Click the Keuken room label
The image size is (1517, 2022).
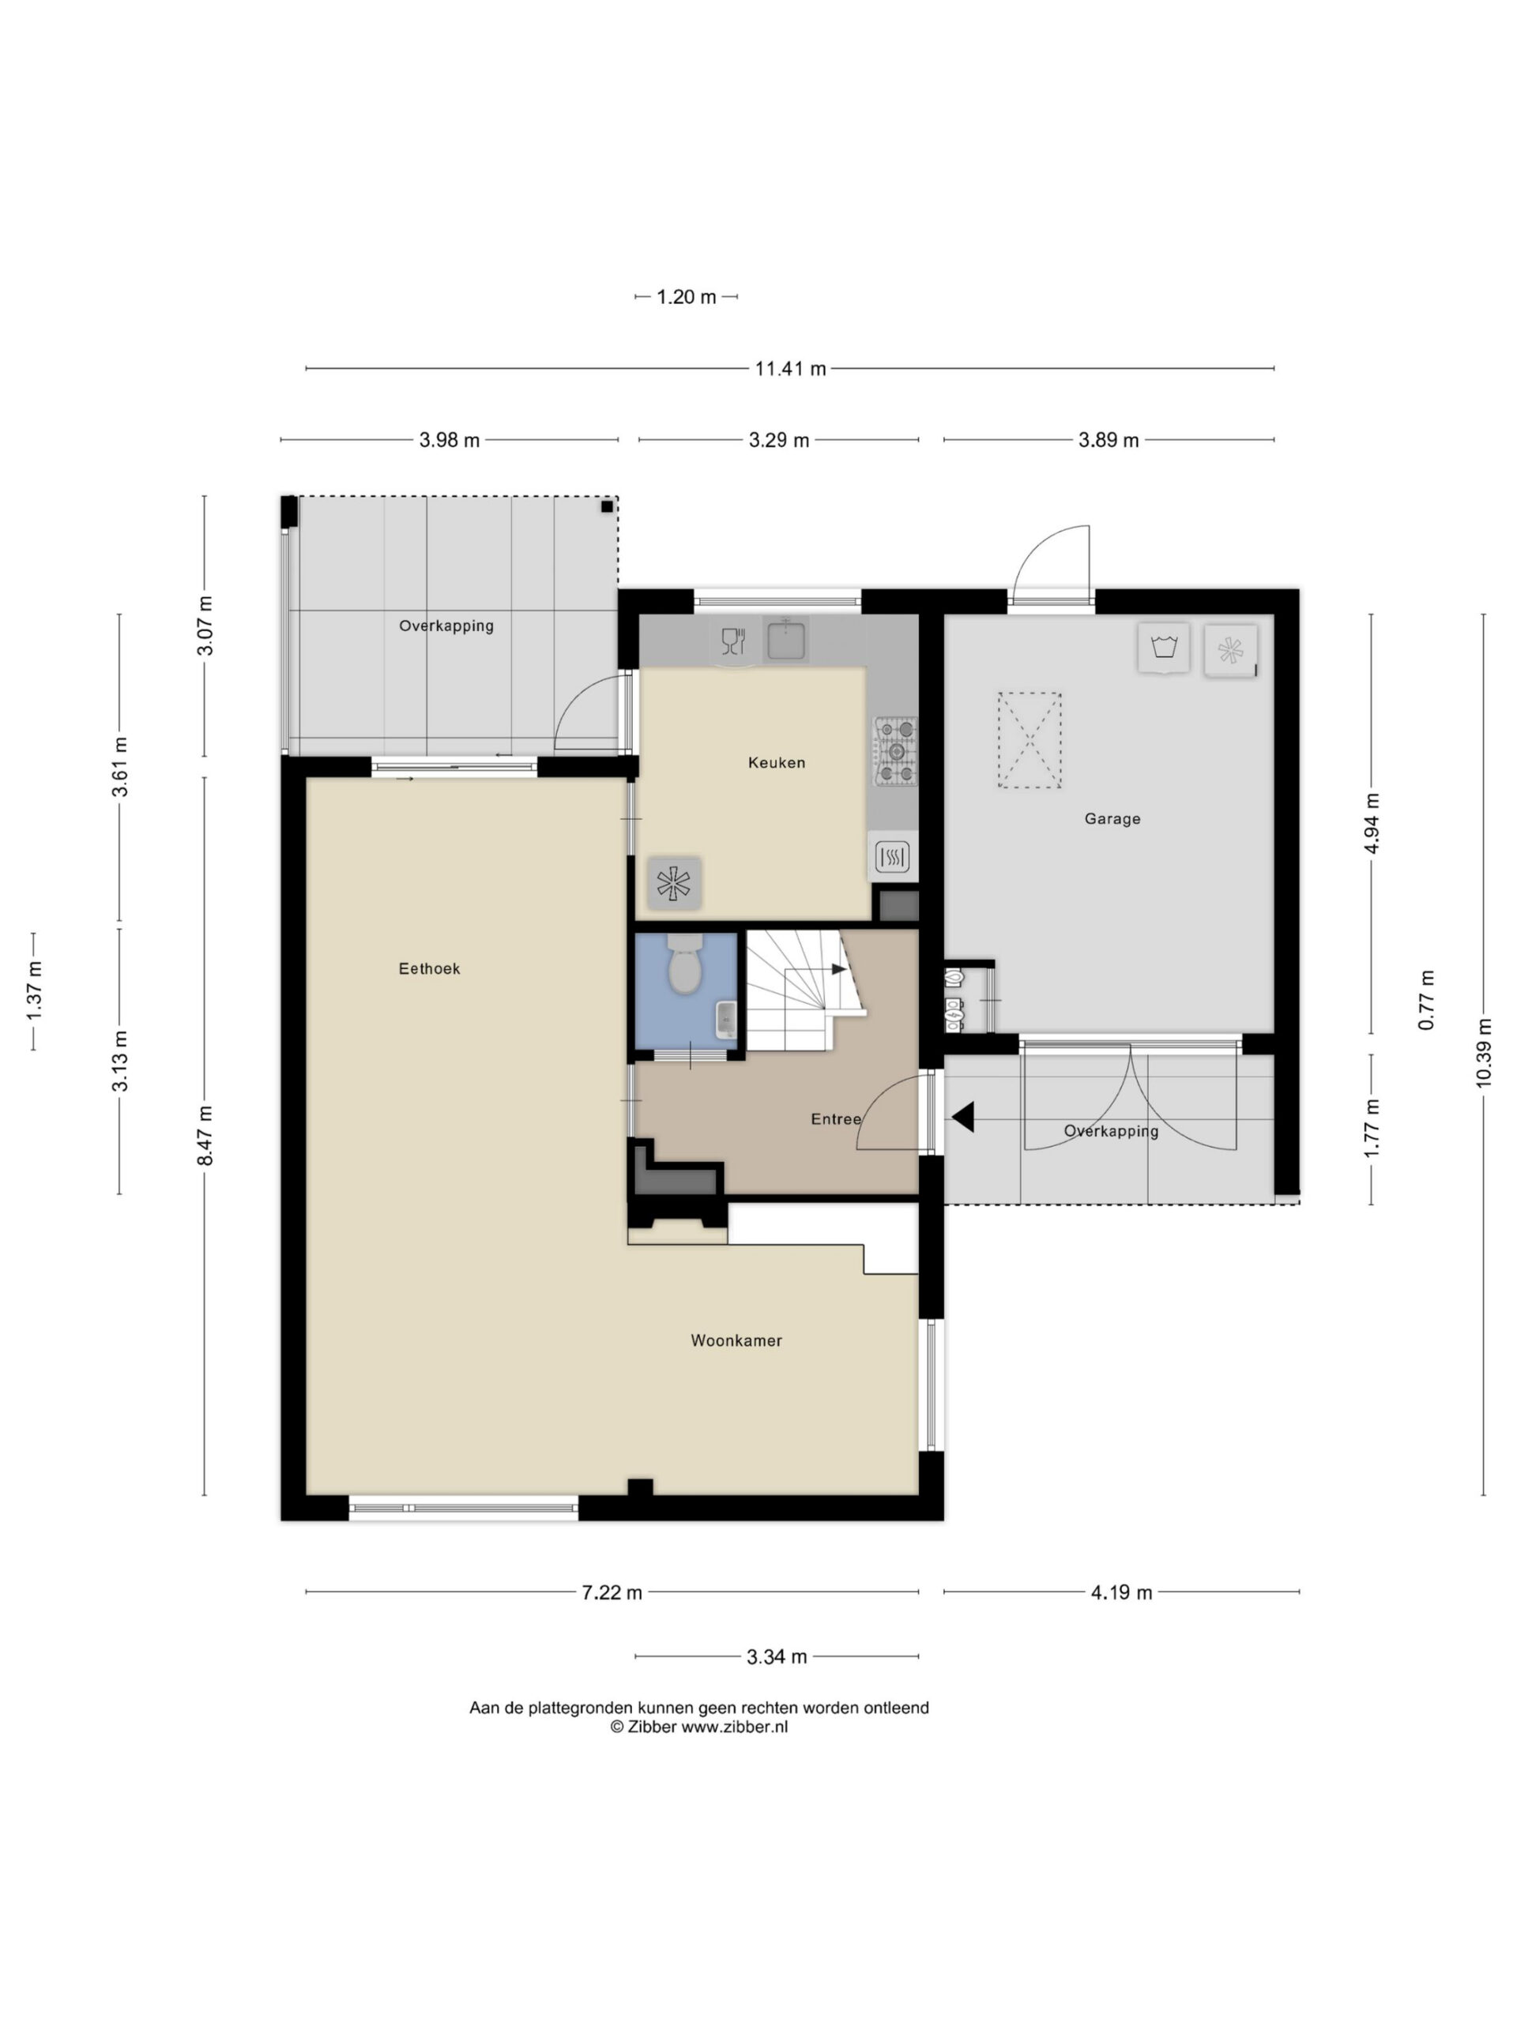click(777, 762)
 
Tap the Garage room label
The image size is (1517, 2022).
click(1112, 819)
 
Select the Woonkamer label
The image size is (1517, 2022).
click(736, 1340)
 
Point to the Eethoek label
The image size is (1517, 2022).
click(429, 968)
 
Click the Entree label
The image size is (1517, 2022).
click(836, 1119)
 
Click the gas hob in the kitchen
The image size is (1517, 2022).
click(895, 751)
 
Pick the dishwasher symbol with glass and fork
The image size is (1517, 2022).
click(733, 641)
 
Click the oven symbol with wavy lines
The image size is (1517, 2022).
click(891, 856)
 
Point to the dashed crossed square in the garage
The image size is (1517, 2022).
click(1030, 739)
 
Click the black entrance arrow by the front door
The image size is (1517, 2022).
click(963, 1117)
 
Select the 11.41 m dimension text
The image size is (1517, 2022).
click(790, 368)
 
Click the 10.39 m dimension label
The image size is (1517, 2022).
click(1482, 1052)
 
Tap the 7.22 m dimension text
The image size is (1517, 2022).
click(612, 1592)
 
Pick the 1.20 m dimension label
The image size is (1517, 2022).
click(686, 296)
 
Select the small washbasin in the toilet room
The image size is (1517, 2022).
click(726, 1019)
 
